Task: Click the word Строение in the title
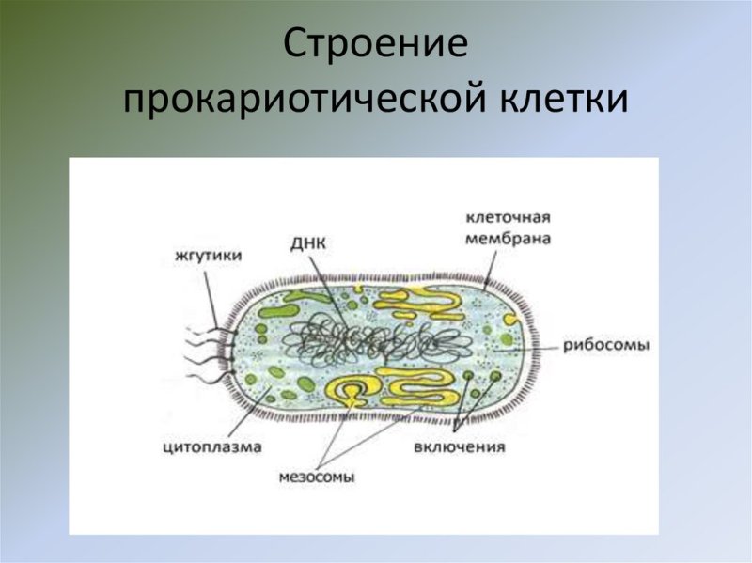click(x=375, y=47)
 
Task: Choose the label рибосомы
click(x=606, y=345)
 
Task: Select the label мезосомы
click(x=317, y=477)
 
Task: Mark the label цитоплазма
click(x=211, y=446)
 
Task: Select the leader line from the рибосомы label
click(x=540, y=348)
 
